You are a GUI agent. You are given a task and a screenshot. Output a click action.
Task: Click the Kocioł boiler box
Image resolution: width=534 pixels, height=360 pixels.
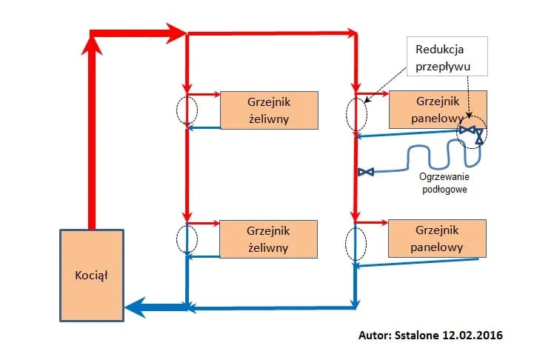tap(92, 275)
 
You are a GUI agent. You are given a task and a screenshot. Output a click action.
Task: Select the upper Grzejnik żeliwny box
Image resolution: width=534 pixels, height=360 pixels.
tap(269, 109)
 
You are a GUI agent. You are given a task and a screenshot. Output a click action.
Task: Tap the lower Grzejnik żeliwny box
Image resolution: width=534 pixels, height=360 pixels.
tap(269, 239)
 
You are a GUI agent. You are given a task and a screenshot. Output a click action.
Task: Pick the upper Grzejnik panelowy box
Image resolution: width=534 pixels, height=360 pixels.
tap(438, 109)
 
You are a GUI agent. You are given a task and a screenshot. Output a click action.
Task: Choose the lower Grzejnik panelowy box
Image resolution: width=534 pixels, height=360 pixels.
tap(438, 238)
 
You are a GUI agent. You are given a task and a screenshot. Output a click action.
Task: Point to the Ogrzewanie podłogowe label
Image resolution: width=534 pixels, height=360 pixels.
tap(444, 183)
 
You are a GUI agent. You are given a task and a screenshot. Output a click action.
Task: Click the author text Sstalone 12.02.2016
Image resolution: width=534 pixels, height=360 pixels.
tap(430, 335)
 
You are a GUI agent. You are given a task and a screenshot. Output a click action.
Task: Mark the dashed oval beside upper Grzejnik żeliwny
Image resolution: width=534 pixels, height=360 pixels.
tap(187, 110)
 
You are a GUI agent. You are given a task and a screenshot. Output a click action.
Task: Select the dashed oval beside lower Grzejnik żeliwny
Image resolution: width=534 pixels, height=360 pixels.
tap(187, 239)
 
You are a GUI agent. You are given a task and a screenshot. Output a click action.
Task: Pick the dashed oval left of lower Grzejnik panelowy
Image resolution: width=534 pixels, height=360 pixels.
tap(356, 244)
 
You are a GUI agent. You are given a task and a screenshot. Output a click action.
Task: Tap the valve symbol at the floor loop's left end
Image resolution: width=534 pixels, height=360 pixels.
tap(365, 172)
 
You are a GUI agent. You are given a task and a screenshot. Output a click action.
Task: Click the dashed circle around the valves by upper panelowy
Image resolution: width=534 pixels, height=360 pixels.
tap(472, 132)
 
